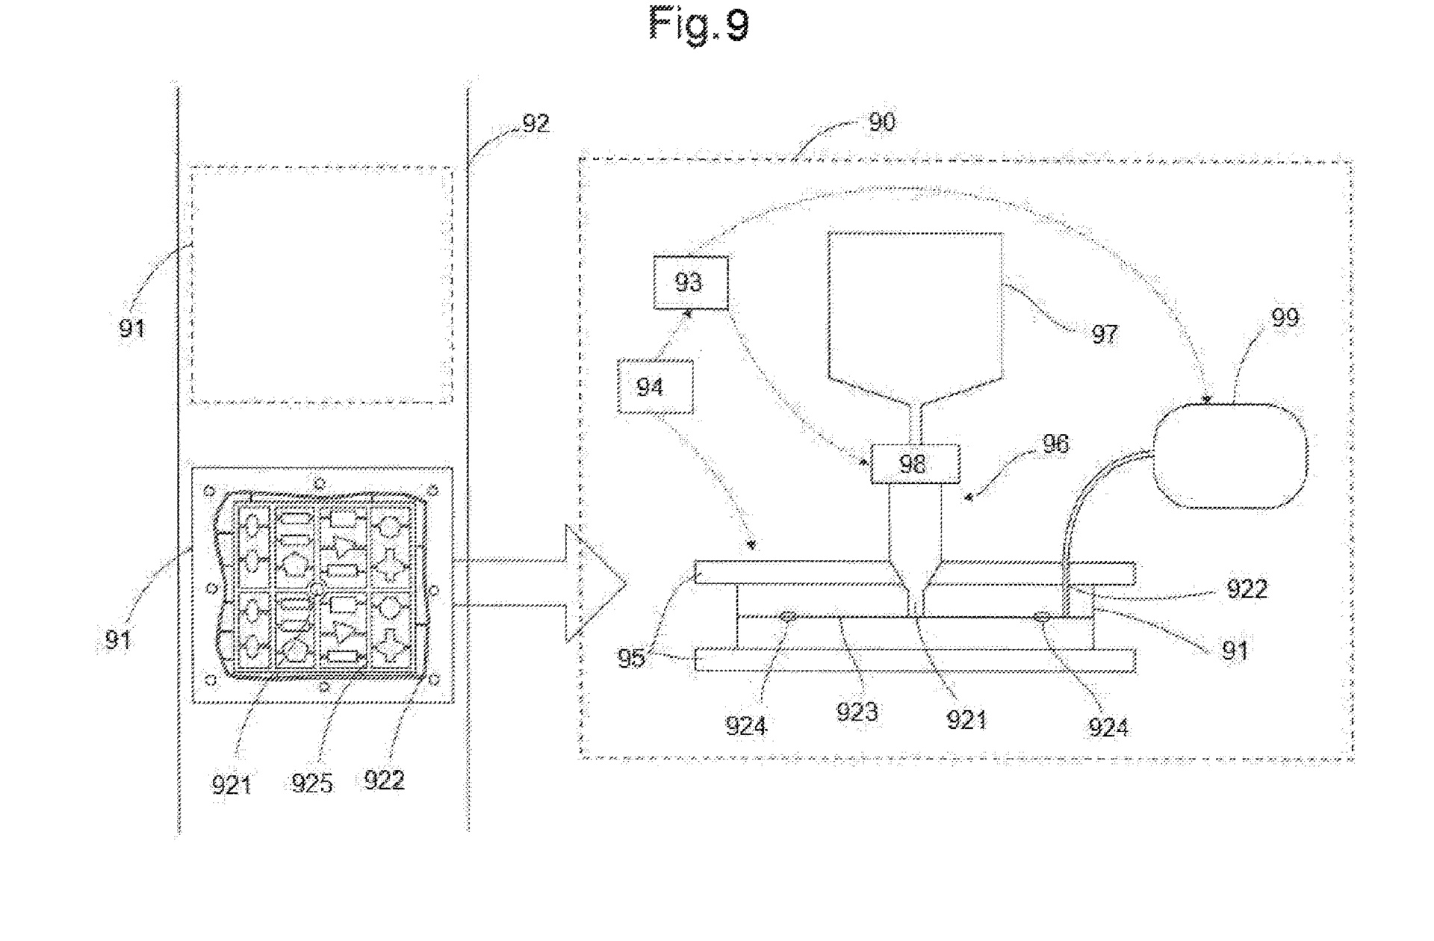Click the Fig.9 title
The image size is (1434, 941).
click(698, 24)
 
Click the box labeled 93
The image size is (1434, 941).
click(690, 282)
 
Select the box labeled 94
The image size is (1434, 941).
click(654, 386)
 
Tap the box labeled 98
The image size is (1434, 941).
click(914, 464)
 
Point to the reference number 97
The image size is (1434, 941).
click(1104, 333)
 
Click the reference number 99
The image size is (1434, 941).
click(1285, 318)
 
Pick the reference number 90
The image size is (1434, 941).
click(881, 122)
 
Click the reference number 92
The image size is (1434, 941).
click(535, 123)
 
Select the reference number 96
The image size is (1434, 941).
click(1055, 444)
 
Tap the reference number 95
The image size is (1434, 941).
click(631, 659)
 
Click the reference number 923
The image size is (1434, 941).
click(856, 712)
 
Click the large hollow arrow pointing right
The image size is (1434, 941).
click(583, 583)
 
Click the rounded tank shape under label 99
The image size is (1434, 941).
click(1230, 456)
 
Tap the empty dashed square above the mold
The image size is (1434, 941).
click(321, 285)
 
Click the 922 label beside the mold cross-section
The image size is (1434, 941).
click(1247, 589)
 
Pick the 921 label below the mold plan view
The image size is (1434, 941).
click(231, 784)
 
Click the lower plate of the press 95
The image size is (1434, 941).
click(915, 660)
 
